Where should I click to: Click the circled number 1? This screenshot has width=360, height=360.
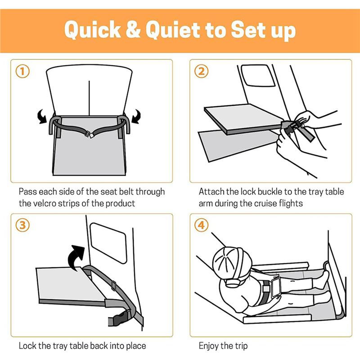click(x=22, y=71)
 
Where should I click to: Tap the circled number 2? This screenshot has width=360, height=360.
click(x=201, y=71)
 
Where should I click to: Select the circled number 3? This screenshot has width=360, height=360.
click(x=22, y=225)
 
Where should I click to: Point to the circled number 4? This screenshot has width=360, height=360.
click(x=201, y=225)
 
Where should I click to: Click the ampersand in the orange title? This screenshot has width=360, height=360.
click(x=133, y=29)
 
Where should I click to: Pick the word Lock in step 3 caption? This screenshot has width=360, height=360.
click(x=27, y=346)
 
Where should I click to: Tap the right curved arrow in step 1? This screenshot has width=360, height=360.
click(x=137, y=117)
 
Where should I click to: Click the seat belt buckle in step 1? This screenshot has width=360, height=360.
click(x=90, y=135)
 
